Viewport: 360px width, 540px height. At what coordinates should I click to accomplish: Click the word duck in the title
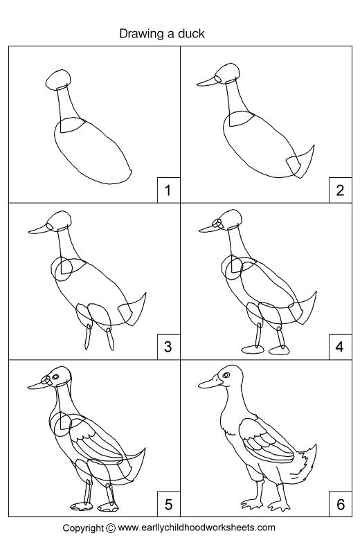pyautogui.click(x=191, y=33)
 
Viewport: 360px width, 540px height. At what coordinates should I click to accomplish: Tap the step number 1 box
pyautogui.click(x=167, y=189)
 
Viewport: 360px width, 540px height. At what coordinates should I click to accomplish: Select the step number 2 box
pyautogui.click(x=339, y=189)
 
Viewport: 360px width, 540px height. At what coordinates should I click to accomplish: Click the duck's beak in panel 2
pyautogui.click(x=207, y=82)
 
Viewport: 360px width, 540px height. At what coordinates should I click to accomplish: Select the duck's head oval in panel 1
pyautogui.click(x=58, y=80)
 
